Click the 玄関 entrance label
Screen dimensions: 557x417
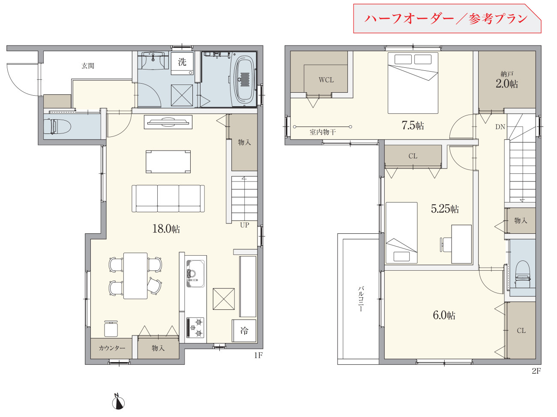(x=88, y=66)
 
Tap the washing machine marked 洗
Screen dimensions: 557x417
(x=182, y=63)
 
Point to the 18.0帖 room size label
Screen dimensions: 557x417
(x=166, y=229)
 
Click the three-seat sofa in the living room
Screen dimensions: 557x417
(x=168, y=198)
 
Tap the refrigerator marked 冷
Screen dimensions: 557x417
(x=244, y=331)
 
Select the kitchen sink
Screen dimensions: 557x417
(x=195, y=274)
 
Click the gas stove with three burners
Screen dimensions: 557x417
(x=195, y=328)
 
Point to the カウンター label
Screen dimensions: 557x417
(x=112, y=348)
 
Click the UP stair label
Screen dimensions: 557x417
(x=245, y=225)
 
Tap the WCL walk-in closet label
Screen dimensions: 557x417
(x=326, y=80)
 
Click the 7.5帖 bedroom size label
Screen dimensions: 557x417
(x=413, y=125)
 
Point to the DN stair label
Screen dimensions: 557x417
(x=500, y=127)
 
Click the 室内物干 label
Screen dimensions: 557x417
(x=323, y=132)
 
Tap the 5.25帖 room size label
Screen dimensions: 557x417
(x=445, y=209)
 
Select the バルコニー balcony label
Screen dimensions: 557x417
(x=361, y=299)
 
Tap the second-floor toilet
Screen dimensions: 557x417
(x=523, y=275)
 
